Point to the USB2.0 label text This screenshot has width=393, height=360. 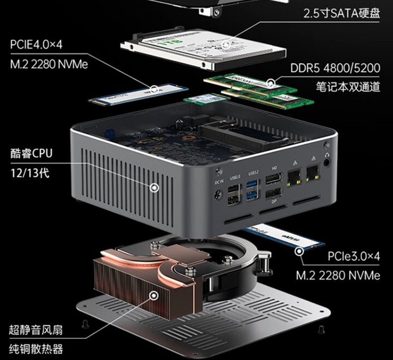[234, 172]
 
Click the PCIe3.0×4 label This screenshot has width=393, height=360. [353, 256]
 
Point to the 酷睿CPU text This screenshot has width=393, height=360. [30, 153]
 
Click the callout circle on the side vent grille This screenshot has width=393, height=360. [155, 187]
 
